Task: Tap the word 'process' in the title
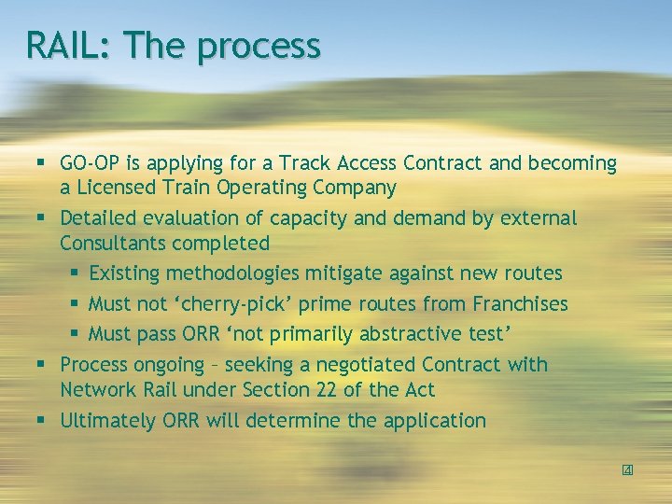[259, 46]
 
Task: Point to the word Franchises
[520, 303]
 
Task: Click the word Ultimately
[105, 420]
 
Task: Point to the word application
[434, 421]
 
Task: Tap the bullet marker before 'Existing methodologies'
[75, 274]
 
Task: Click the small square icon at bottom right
[627, 469]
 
